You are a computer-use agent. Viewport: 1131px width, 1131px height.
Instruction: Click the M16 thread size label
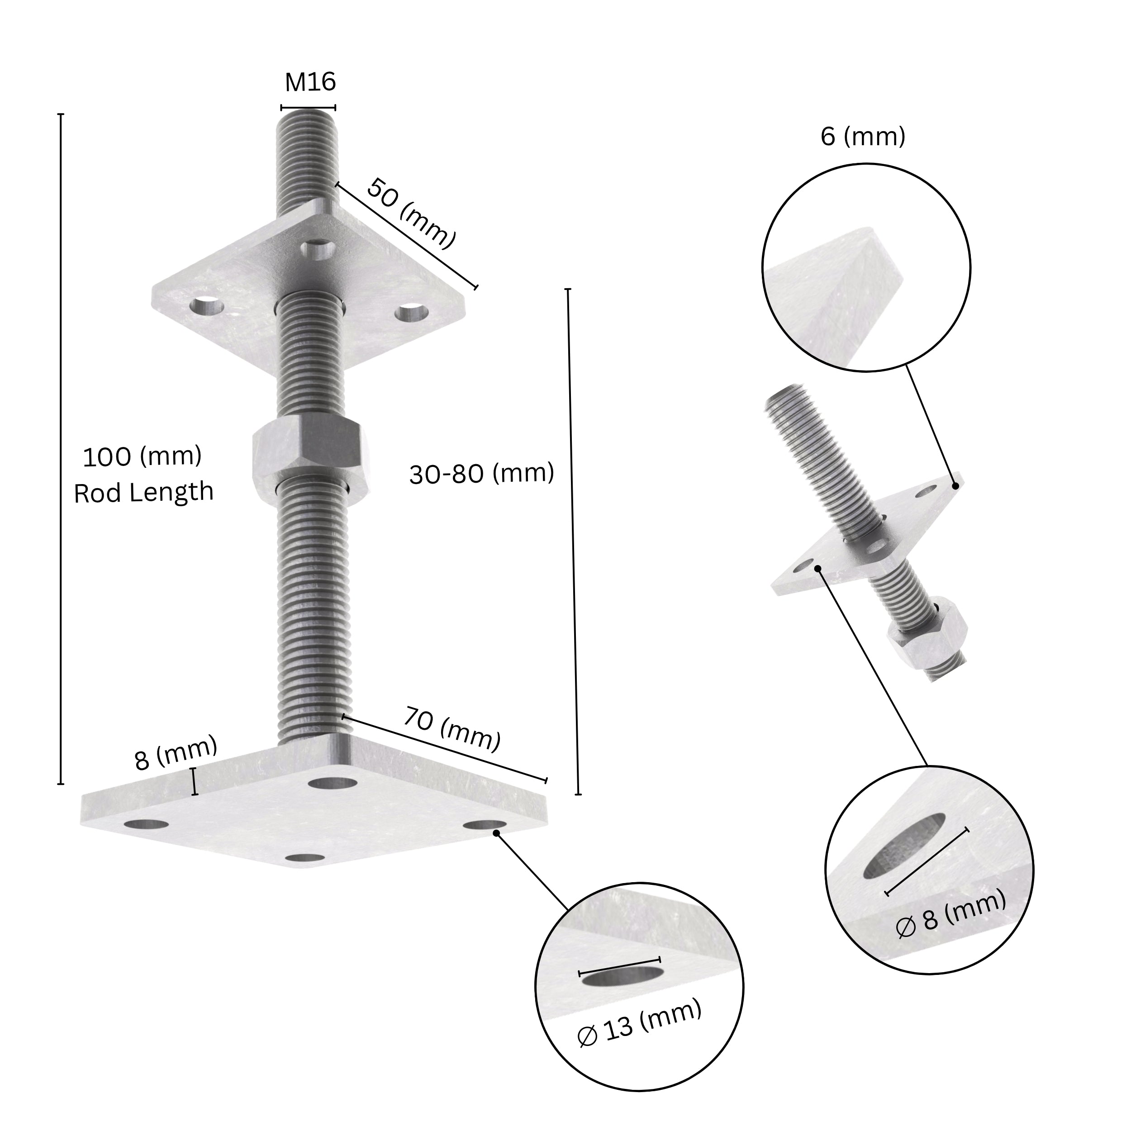point(310,82)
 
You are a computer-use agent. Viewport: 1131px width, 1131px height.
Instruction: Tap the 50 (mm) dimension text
point(411,213)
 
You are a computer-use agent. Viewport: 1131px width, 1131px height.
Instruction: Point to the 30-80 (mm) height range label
point(481,474)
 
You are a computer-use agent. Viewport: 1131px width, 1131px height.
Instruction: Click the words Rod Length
point(143,492)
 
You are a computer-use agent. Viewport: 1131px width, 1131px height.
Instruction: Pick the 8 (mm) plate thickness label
point(176,754)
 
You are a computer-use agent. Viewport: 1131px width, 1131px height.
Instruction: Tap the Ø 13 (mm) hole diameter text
point(639,1029)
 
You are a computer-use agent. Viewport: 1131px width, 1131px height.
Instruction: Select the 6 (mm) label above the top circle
point(863,137)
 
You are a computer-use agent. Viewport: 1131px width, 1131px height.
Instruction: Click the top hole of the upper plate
point(318,249)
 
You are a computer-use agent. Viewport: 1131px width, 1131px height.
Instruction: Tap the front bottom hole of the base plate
point(307,858)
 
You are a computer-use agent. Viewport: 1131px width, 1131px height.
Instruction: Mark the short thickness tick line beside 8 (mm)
point(195,782)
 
